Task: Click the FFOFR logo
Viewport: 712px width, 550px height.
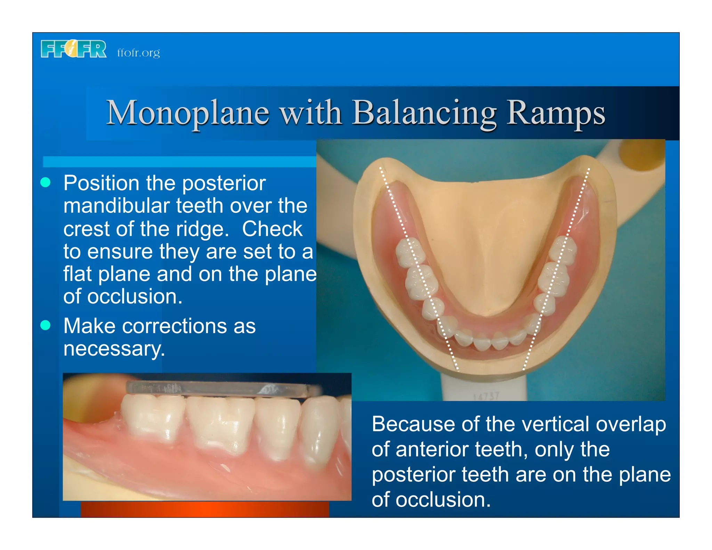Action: coord(73,49)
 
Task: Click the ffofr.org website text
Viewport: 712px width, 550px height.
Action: coord(138,53)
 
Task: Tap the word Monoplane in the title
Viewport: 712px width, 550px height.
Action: coord(188,113)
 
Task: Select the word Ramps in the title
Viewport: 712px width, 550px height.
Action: coord(556,113)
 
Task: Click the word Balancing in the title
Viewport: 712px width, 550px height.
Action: coord(425,113)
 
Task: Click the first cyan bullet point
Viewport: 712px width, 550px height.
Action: coord(46,182)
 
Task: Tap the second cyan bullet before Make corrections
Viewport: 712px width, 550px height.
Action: coord(46,325)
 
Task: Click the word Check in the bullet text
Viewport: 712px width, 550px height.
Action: coord(272,229)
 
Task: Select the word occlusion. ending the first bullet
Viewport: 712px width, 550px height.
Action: coord(135,297)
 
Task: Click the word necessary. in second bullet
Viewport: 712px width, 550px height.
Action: coord(114,349)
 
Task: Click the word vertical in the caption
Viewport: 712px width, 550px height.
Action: coord(536,424)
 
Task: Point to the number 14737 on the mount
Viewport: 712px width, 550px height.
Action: coord(486,396)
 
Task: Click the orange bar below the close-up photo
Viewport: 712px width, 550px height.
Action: coord(205,509)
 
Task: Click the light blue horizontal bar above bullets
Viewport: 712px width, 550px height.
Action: coord(179,162)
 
